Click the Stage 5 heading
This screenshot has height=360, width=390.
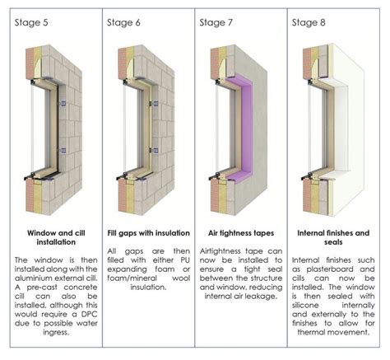[x=30, y=22]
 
